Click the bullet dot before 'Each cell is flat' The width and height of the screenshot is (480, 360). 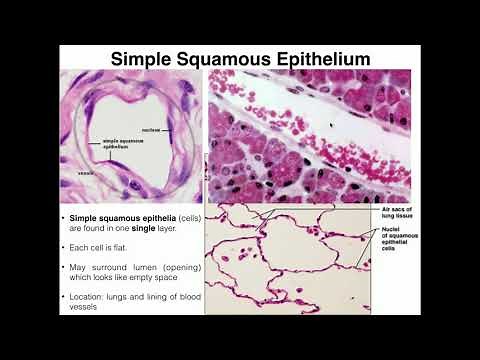click(x=63, y=245)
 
